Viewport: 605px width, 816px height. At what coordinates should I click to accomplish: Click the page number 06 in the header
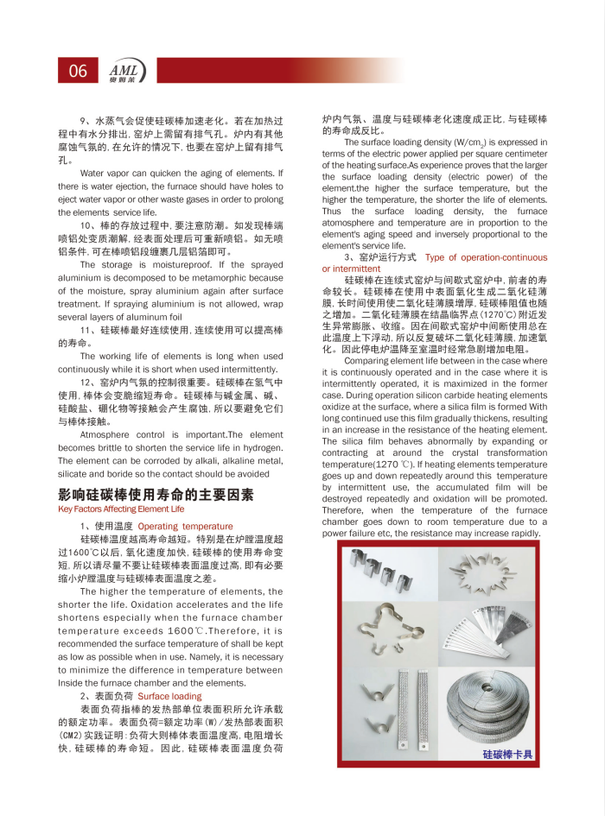point(78,71)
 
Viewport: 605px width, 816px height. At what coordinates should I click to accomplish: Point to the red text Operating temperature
point(185,526)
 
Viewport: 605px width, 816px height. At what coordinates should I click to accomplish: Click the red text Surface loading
point(169,696)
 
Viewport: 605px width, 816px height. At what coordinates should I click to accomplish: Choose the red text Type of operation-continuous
point(486,257)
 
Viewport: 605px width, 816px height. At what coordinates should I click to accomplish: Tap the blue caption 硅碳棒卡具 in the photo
point(507,754)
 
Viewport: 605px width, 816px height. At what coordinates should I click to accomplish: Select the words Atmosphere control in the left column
point(122,435)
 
